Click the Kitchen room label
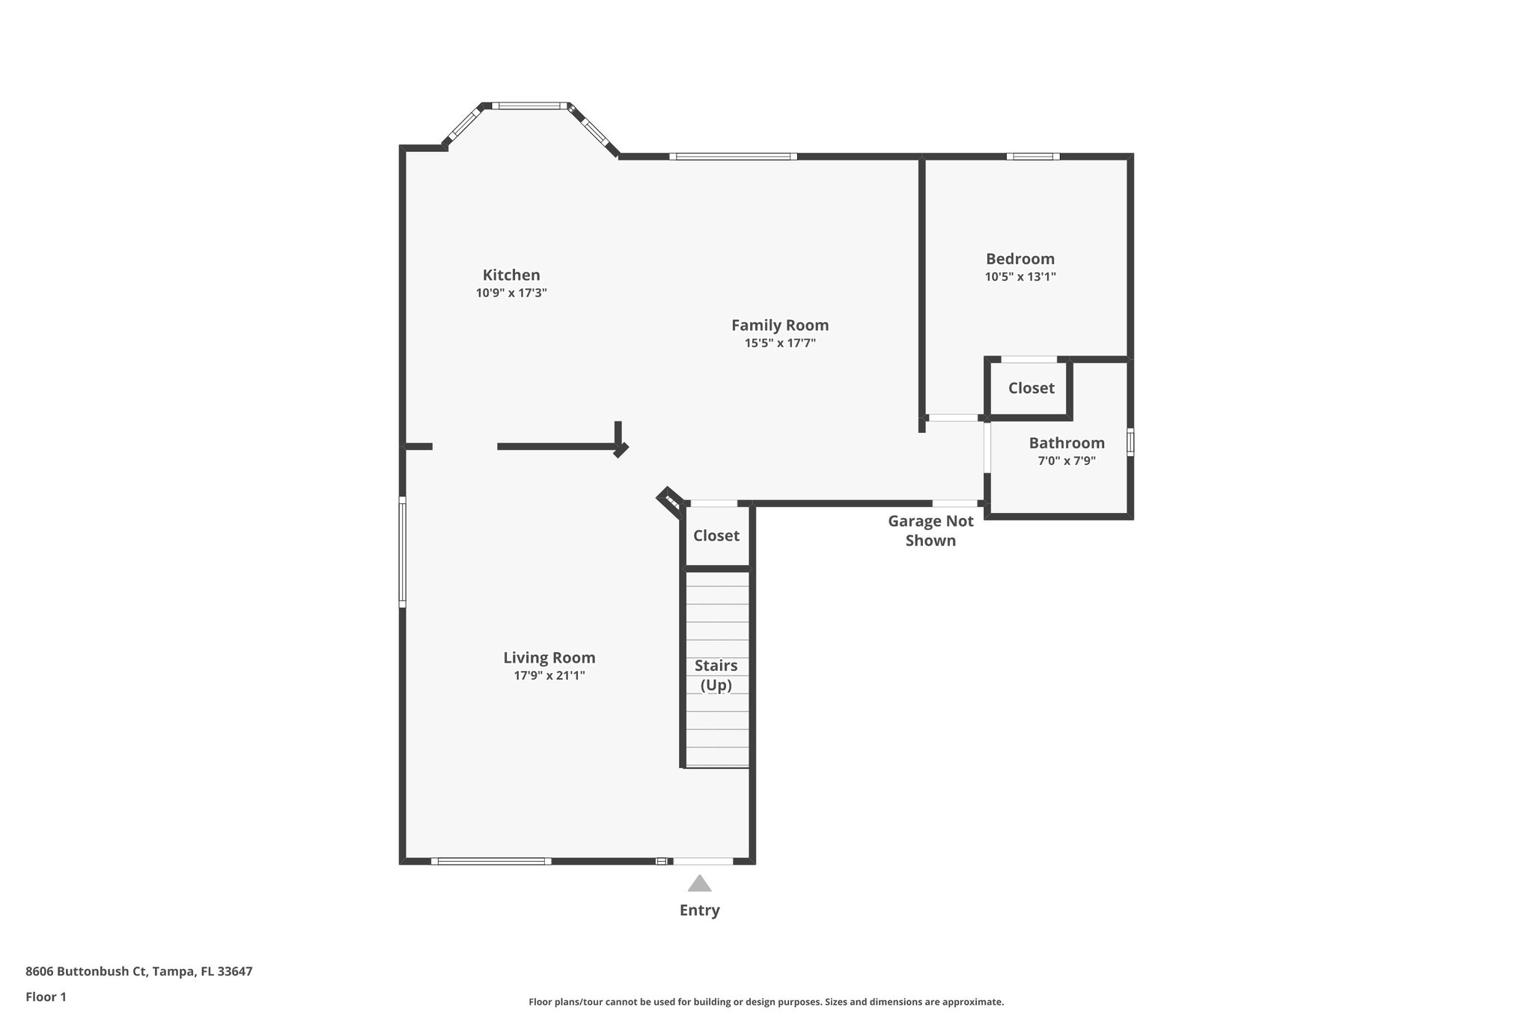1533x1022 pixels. click(511, 275)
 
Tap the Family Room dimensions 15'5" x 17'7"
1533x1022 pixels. click(780, 344)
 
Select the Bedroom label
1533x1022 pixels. click(1020, 259)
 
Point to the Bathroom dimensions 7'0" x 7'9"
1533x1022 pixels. click(1067, 461)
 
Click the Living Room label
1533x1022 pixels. click(549, 657)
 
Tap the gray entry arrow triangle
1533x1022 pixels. click(700, 884)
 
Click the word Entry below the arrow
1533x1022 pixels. click(700, 910)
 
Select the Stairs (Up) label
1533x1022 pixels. click(716, 675)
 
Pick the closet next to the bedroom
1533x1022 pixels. click(1031, 388)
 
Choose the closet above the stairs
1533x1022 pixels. click(716, 535)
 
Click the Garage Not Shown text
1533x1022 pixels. click(930, 530)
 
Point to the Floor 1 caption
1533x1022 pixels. click(46, 997)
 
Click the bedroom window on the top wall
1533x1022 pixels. click(1033, 156)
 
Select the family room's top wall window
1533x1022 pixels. click(733, 156)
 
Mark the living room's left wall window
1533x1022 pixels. click(402, 552)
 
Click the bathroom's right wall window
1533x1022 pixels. click(1130, 442)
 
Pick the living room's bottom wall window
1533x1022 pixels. click(491, 861)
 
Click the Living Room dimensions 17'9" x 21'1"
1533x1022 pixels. click(549, 675)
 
